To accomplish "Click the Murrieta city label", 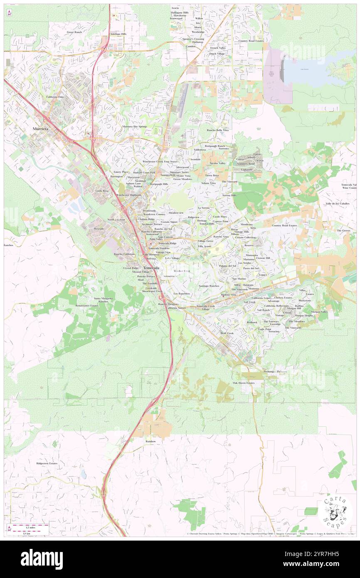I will pos(41,129).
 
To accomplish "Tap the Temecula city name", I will pos(151,268).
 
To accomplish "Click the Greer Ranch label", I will pos(75,32).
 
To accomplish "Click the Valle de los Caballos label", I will pos(338,204).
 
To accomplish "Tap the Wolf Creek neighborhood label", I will pos(227,333).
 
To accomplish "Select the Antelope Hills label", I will pos(118,34).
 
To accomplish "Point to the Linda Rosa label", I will pos(102,190).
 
